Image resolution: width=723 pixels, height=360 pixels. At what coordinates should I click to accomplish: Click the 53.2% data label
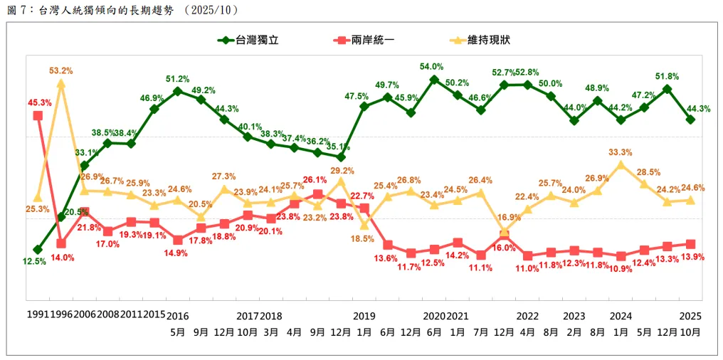61,70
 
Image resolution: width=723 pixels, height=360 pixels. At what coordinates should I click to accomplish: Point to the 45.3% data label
40,102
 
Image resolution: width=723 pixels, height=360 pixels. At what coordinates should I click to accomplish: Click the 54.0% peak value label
433,67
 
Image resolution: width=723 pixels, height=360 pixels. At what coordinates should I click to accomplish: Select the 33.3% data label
621,152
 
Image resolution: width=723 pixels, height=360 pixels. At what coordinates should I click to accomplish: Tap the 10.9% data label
620,270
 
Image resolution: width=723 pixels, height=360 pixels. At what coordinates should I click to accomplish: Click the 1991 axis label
37,315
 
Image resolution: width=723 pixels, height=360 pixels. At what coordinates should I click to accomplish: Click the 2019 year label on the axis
364,315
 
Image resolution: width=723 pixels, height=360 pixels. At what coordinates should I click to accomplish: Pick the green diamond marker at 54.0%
433,80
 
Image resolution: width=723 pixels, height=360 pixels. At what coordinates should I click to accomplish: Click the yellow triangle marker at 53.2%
61,83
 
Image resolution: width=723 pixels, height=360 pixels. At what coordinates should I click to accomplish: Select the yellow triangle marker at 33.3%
621,164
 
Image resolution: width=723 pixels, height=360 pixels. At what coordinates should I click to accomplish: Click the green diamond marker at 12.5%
38,250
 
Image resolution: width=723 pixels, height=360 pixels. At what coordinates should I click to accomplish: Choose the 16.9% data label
503,217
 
